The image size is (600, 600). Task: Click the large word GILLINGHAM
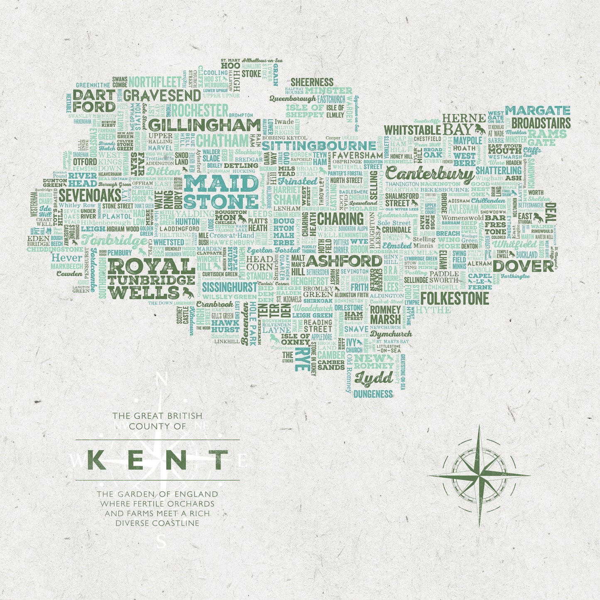coord(204,125)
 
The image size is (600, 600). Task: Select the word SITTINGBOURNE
coord(318,146)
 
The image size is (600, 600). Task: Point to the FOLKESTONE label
coord(455,299)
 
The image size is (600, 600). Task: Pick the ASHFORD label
coord(344,261)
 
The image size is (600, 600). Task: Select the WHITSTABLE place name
coord(412,130)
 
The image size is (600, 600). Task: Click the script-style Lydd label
coord(374,378)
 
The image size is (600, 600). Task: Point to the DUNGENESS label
coord(373,394)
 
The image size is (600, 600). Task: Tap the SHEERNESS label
coord(312,82)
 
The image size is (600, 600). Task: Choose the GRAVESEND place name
coord(162,96)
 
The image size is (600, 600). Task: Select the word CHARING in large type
coord(340,218)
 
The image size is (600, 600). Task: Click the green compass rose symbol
coord(479,475)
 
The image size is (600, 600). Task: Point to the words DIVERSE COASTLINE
coord(157,523)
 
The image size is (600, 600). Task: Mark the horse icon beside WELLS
coord(187,292)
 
